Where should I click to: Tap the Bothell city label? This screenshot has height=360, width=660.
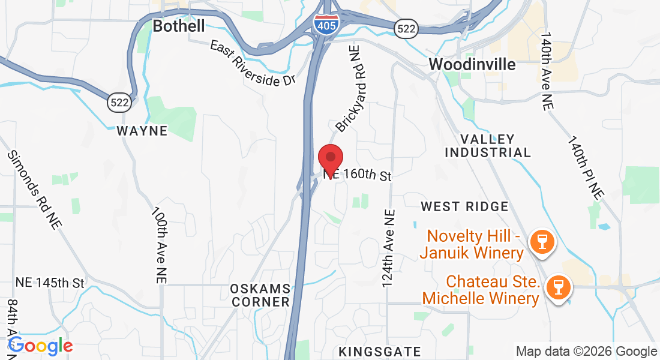(178, 26)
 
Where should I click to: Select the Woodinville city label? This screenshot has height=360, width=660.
(472, 64)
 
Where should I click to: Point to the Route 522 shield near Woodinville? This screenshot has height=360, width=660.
(406, 28)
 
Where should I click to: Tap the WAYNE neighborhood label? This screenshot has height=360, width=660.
(142, 131)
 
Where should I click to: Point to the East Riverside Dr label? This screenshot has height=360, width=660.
(253, 63)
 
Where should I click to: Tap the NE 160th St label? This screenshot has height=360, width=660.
(358, 176)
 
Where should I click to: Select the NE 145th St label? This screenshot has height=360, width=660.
(50, 282)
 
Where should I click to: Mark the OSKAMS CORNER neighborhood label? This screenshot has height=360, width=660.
(260, 295)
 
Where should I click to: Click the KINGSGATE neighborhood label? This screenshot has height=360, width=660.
(379, 351)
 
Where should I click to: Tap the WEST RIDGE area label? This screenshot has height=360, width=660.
(464, 206)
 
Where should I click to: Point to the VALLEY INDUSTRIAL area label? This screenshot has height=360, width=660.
(488, 146)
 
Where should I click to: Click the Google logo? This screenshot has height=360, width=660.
(40, 346)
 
